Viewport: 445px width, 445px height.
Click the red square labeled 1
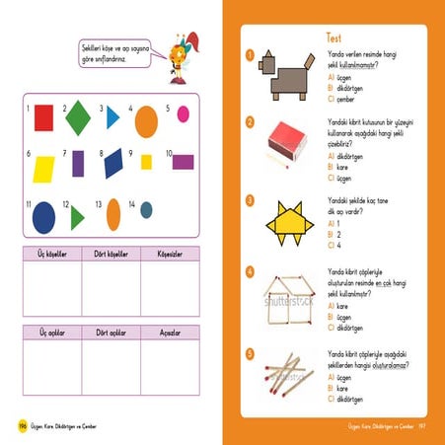(43, 119)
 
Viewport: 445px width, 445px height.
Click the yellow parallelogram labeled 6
(45, 167)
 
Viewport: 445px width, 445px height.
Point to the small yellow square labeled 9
(146, 162)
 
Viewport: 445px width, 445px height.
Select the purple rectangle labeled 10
(183, 162)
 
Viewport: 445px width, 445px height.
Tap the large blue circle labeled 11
(44, 215)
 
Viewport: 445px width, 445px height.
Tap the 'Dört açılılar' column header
(111, 334)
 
